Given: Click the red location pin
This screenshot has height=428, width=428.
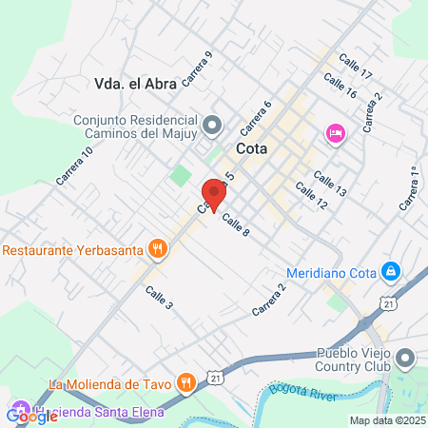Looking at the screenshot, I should coord(214,193).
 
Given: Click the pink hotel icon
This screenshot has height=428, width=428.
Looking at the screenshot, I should coord(334,131).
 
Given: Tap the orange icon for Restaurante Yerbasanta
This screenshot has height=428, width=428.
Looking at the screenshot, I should coord(158,250).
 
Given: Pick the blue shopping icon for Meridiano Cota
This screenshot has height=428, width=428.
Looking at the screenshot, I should coord(389,271).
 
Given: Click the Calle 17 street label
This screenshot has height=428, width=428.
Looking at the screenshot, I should coord(354,68).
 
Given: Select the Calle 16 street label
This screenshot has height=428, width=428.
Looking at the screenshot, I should coord(339,87).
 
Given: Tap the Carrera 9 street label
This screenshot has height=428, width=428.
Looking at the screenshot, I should coord(196,68).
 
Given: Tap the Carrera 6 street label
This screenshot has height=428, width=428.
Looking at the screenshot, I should coord(256,116).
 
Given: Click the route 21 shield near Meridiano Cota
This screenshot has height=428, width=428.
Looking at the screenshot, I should coord(389,302).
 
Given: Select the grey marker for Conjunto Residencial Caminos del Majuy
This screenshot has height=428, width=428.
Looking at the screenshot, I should coord(213,123).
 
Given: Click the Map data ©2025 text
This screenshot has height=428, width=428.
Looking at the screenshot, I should coord(386,420).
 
